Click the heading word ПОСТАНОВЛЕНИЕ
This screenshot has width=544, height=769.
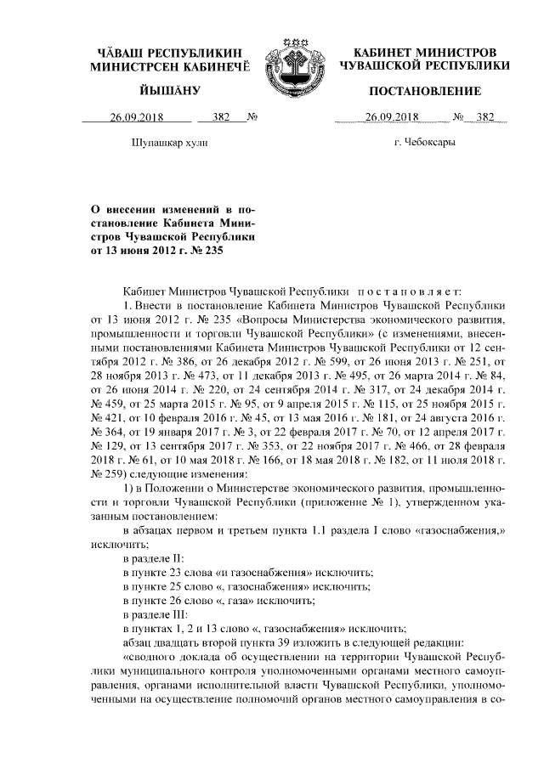[424, 91]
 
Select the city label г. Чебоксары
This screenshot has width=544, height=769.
[424, 143]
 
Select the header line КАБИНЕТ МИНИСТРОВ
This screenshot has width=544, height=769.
[424, 52]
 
